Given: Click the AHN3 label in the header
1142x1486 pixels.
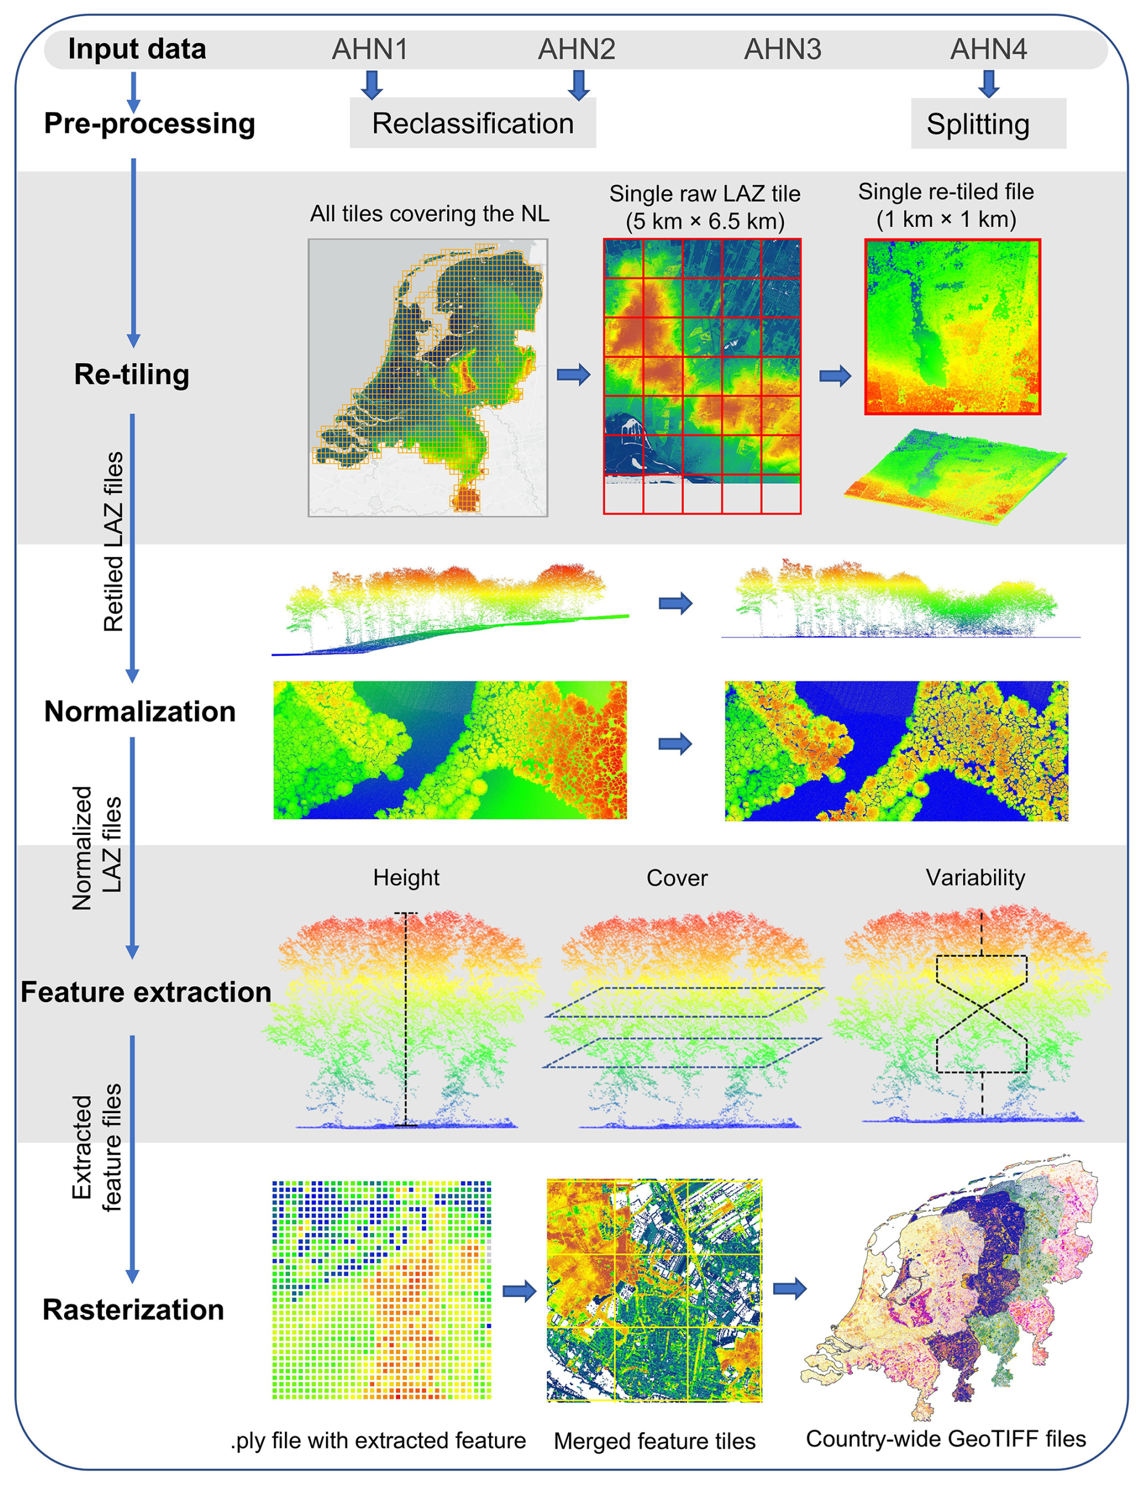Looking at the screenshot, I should (782, 49).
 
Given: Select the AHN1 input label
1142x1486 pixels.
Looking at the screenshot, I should (370, 49).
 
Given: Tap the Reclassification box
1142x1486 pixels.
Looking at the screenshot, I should (473, 124).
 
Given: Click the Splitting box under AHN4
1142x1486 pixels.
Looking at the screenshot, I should (987, 124).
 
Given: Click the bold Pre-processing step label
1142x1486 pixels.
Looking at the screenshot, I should (150, 124).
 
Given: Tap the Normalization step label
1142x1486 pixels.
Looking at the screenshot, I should (140, 711).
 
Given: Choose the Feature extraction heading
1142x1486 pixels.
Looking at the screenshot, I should (146, 992).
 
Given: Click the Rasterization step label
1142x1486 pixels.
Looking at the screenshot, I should (133, 1309).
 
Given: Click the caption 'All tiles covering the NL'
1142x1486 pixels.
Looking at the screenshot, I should (430, 214).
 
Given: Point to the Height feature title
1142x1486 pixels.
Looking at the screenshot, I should (406, 878).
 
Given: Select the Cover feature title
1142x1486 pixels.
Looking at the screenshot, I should (677, 878).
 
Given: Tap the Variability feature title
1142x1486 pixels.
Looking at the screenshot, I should (975, 878).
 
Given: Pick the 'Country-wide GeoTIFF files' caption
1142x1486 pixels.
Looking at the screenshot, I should (946, 1438).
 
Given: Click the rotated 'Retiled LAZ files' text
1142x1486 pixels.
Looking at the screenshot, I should (113, 542).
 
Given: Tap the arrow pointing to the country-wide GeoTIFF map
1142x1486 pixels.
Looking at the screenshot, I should (790, 1288).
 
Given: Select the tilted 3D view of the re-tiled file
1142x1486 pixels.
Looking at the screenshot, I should (954, 475).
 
